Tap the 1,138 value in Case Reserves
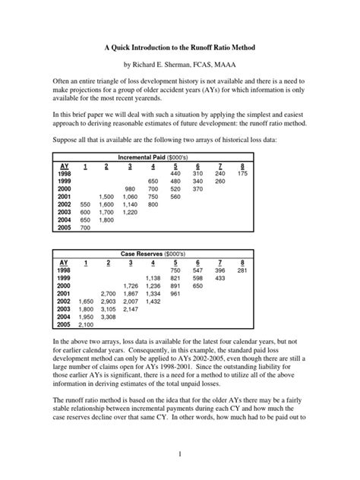click(153, 279)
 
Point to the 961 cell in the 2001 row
click(175, 295)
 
